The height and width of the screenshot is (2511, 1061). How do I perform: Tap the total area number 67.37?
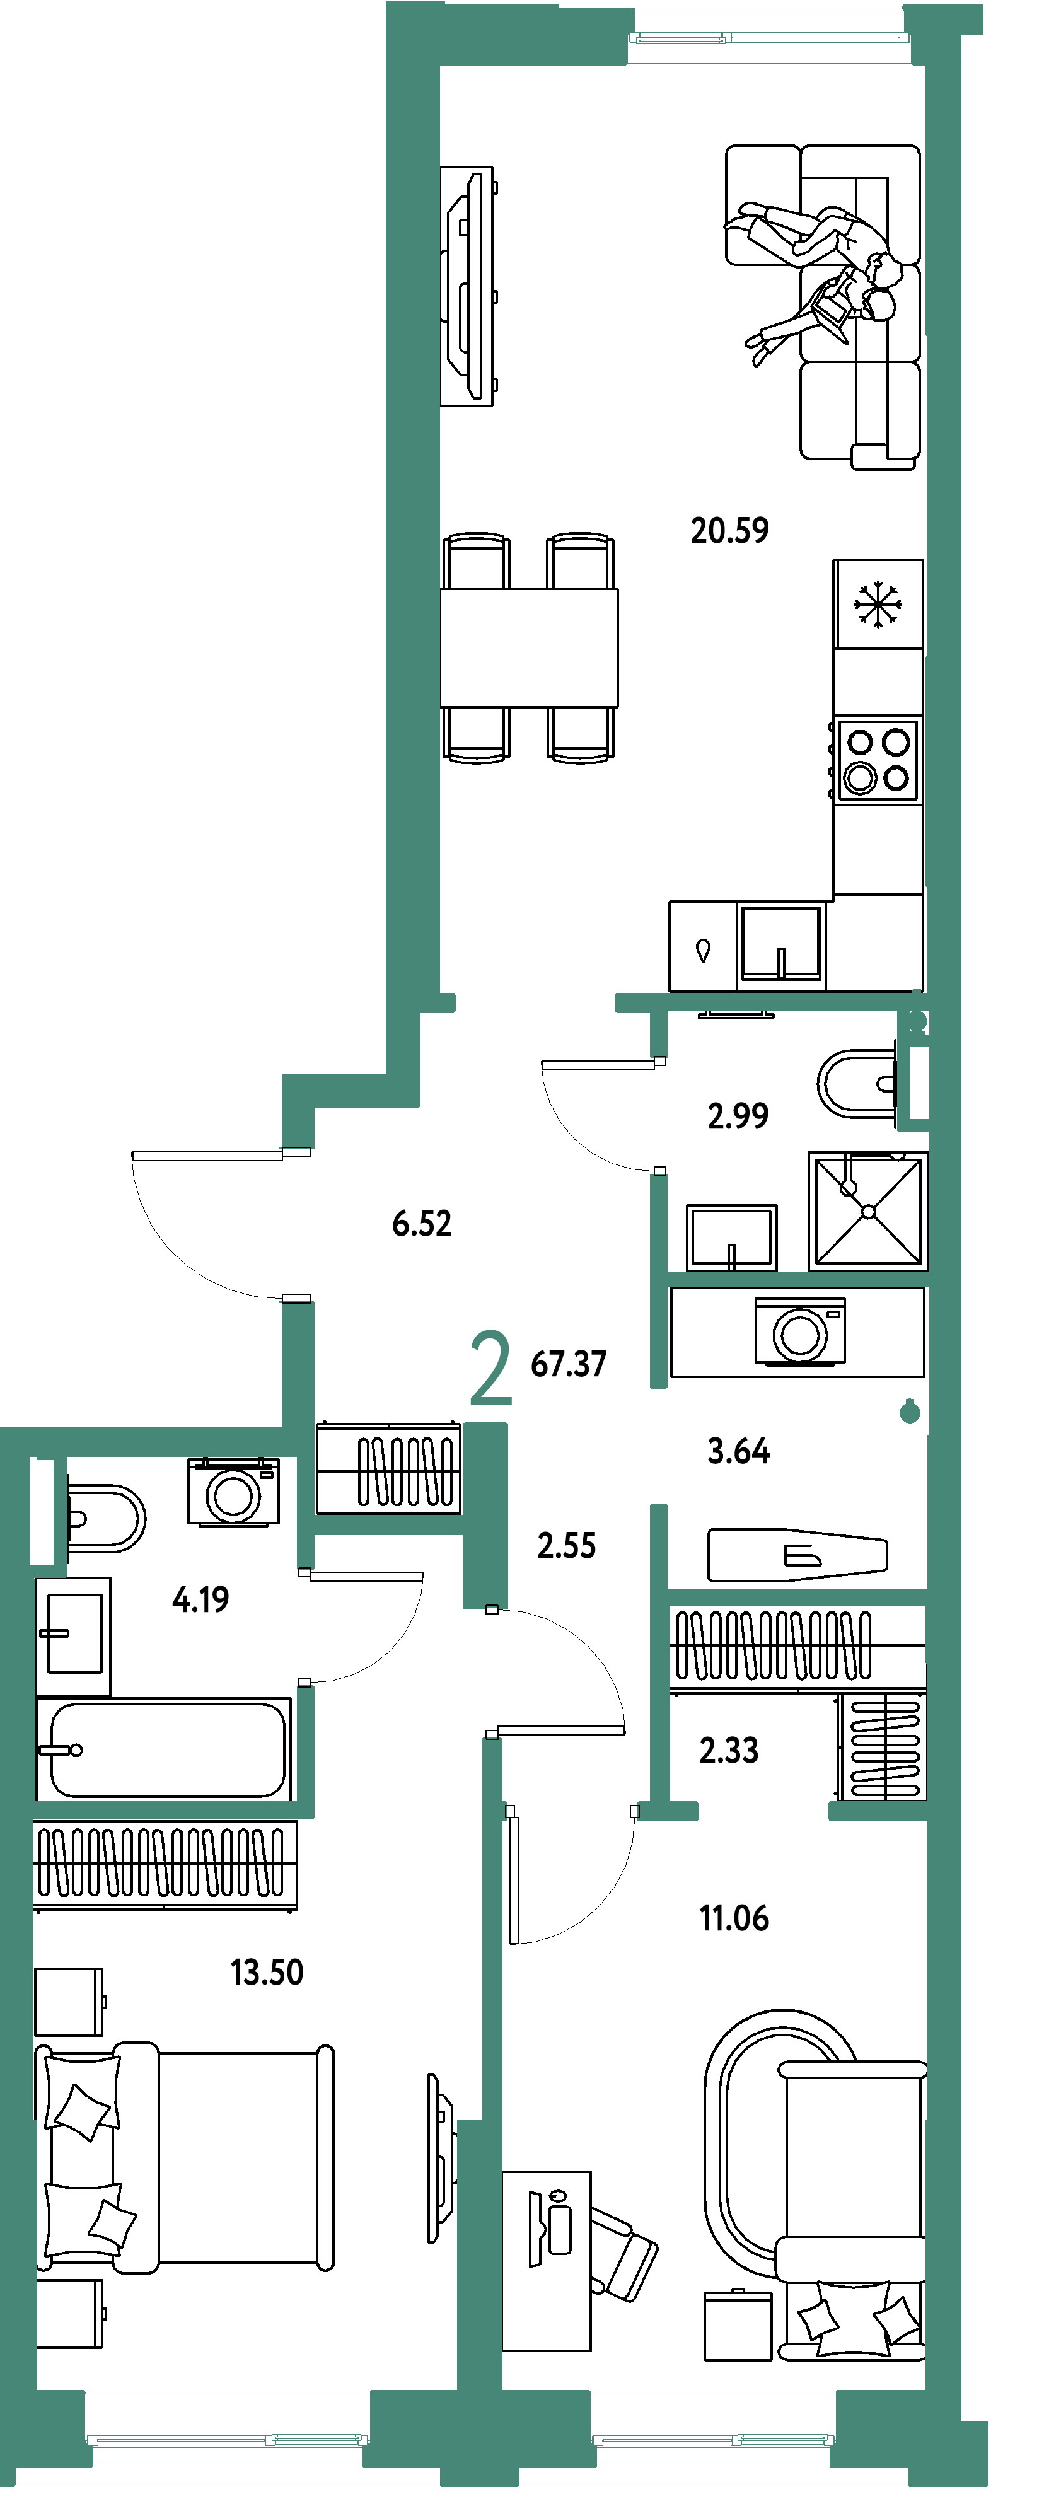(x=569, y=1364)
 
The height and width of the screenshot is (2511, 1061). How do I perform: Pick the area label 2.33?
(x=729, y=1749)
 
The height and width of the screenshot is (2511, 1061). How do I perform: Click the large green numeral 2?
(x=490, y=1369)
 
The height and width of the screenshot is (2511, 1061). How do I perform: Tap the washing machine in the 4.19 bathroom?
(x=234, y=1492)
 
